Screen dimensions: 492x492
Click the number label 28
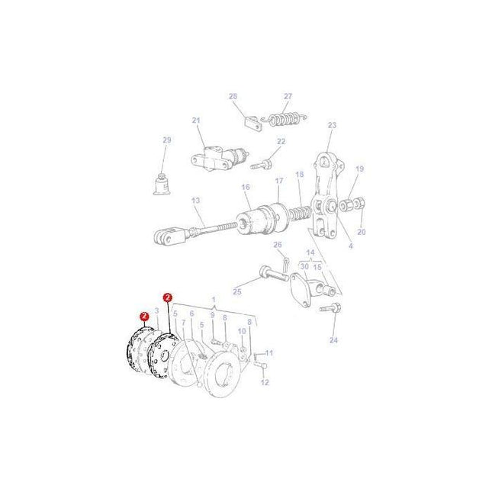pos(233,96)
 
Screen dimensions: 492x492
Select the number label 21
pos(196,121)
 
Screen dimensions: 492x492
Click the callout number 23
pos(332,126)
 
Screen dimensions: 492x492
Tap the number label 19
pos(360,169)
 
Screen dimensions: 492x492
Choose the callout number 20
pos(362,232)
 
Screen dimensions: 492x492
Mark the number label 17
pos(279,181)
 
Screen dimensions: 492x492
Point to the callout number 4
pos(350,246)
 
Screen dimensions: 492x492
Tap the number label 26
pos(278,244)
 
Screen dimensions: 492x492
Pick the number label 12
pos(265,382)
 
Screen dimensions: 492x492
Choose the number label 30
pos(304,266)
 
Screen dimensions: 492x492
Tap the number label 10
pos(242,331)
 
